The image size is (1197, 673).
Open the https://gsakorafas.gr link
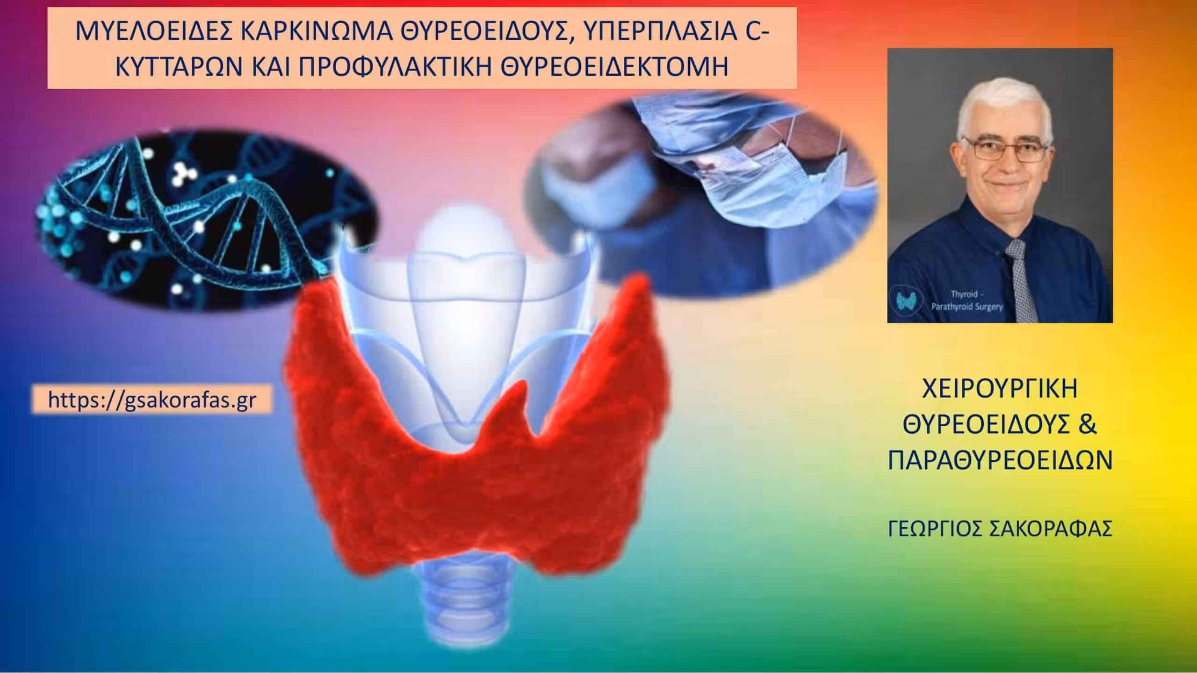(x=153, y=400)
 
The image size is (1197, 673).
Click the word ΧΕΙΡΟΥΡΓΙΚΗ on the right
(x=1000, y=390)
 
